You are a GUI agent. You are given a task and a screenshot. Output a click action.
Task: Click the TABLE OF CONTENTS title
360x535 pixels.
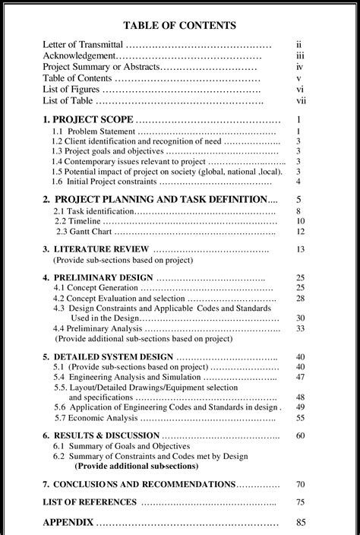pos(179,25)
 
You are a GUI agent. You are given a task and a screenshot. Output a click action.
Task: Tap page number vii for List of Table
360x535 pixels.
pos(302,100)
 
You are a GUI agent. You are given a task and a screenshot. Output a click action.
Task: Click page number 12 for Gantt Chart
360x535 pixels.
pos(301,231)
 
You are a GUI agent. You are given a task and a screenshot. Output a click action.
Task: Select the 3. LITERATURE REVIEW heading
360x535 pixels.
pos(95,249)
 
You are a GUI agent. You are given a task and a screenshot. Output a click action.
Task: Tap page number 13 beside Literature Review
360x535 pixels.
pos(301,249)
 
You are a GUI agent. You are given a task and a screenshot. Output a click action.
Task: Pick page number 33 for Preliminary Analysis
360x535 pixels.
pos(301,328)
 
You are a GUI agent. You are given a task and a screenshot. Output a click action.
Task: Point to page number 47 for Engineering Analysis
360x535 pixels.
pos(301,377)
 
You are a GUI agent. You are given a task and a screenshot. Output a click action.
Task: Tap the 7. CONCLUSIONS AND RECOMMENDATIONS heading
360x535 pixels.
pos(139,484)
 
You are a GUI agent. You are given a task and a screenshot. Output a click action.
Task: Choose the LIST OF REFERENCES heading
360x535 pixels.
pos(90,502)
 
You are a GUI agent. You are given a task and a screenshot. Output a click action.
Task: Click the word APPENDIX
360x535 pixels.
pos(68,522)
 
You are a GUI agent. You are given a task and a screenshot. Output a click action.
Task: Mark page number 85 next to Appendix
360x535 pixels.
pos(301,522)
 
